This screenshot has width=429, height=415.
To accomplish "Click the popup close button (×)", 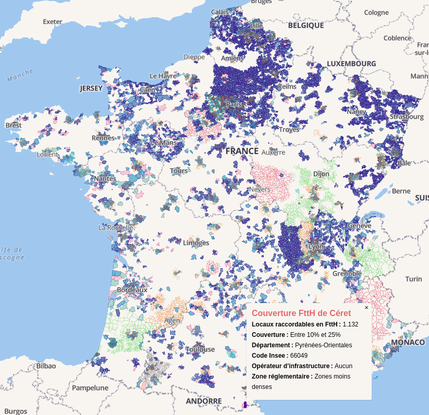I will pyautogui.click(x=366, y=308).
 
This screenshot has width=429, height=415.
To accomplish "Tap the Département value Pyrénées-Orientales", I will pyautogui.click(x=323, y=345).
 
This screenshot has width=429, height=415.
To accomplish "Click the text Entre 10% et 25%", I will pyautogui.click(x=315, y=335).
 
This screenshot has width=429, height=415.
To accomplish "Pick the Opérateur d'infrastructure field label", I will pyautogui.click(x=292, y=366).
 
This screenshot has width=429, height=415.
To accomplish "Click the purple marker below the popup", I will pyautogui.click(x=245, y=404).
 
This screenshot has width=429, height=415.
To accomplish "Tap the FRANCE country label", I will pyautogui.click(x=242, y=151).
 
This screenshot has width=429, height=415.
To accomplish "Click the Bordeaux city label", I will pyautogui.click(x=132, y=290).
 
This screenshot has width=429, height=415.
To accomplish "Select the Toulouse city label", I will pyautogui.click(x=200, y=349).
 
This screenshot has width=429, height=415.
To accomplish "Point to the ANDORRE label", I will pyautogui.click(x=203, y=401).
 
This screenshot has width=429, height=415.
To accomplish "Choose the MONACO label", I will pyautogui.click(x=408, y=342).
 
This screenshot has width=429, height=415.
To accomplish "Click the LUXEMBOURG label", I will pyautogui.click(x=351, y=64).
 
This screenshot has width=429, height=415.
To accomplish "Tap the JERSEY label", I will pyautogui.click(x=91, y=89).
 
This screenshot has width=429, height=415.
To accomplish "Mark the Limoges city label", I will pyautogui.click(x=196, y=243).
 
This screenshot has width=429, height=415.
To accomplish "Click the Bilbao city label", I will pyautogui.click(x=46, y=366).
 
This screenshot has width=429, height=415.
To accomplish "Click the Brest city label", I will pyautogui.click(x=14, y=125).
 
